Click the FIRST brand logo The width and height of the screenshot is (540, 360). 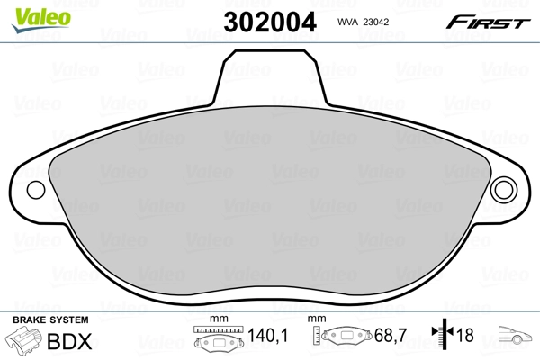tap(486, 21)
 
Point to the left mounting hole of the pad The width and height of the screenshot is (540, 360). tap(36, 191)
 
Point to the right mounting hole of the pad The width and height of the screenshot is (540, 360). tap(506, 191)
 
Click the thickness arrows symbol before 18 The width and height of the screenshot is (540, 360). tap(442, 337)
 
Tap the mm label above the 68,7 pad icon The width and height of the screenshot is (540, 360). tap(317, 320)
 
